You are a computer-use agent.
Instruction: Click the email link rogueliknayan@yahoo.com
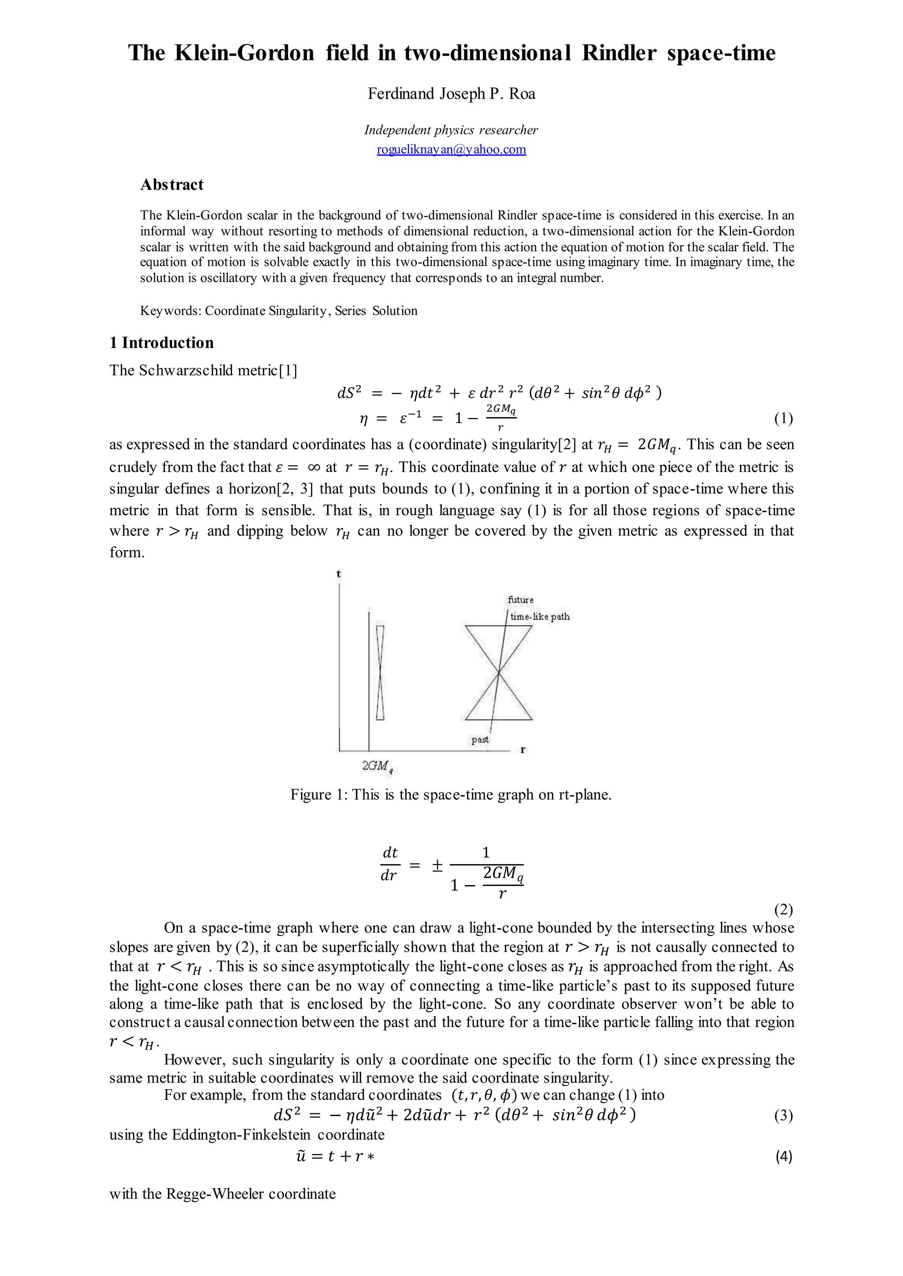(451, 149)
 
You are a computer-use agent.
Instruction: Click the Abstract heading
(172, 185)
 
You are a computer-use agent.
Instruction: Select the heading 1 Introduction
(161, 342)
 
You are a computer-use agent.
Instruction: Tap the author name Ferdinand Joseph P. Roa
(451, 93)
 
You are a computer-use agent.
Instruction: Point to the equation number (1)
(783, 419)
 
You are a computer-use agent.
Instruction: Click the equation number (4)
(783, 1157)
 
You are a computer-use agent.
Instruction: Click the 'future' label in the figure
(520, 600)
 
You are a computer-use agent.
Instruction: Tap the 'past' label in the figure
(480, 739)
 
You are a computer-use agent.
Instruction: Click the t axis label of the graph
(339, 574)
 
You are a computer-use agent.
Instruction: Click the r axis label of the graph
(522, 750)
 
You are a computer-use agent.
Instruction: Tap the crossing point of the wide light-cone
(499, 673)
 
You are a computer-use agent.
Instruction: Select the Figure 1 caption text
(451, 795)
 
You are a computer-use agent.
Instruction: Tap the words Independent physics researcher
(451, 130)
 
